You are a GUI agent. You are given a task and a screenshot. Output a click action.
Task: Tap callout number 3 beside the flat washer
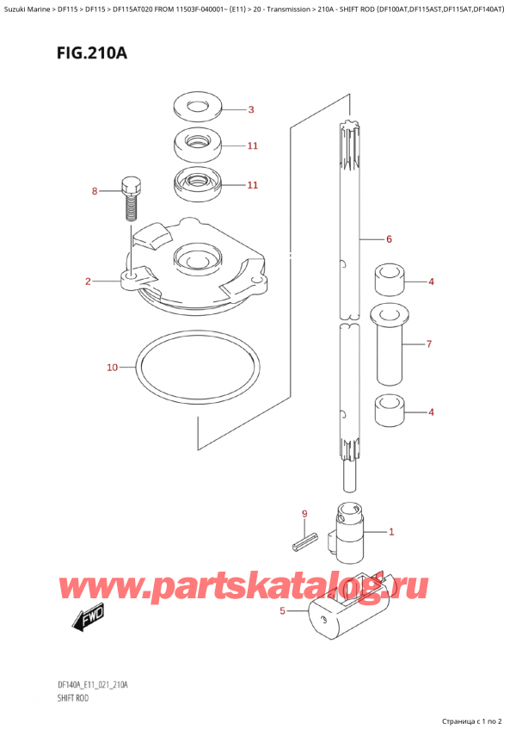click(x=250, y=109)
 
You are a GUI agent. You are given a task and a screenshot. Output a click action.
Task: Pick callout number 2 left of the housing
click(x=89, y=281)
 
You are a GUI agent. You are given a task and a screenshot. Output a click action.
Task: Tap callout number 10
click(x=112, y=368)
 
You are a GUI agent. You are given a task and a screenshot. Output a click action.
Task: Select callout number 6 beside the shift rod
click(x=389, y=238)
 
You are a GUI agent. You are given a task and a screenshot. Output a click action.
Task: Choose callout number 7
click(x=430, y=344)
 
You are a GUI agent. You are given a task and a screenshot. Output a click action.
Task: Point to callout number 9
click(x=304, y=515)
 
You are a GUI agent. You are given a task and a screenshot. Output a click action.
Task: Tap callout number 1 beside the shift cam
click(x=391, y=532)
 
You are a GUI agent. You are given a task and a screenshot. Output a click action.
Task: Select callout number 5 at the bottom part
click(x=282, y=612)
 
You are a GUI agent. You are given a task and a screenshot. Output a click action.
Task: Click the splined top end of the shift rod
click(x=349, y=138)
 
